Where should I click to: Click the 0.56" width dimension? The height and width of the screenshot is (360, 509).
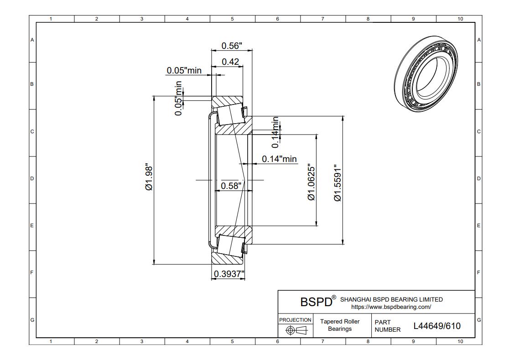[231, 46]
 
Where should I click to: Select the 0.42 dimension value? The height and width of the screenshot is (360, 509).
[230, 62]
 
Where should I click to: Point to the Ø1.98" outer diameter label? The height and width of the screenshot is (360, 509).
[149, 177]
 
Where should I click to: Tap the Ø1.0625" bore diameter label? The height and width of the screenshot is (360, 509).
[312, 182]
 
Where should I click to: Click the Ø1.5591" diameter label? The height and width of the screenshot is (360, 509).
[338, 183]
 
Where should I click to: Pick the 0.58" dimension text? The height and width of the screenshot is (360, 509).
[231, 186]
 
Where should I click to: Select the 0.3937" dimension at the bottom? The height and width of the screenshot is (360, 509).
[229, 273]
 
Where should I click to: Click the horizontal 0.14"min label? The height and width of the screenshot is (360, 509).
[279, 159]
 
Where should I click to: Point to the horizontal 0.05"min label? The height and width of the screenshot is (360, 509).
[184, 70]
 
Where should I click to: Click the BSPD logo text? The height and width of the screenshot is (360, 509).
[315, 302]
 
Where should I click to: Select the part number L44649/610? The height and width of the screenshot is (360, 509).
[436, 326]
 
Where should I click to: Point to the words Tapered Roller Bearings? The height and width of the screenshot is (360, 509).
[340, 325]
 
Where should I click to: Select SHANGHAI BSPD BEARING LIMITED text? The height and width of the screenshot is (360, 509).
[391, 300]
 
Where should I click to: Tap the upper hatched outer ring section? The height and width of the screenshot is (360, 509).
[228, 101]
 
